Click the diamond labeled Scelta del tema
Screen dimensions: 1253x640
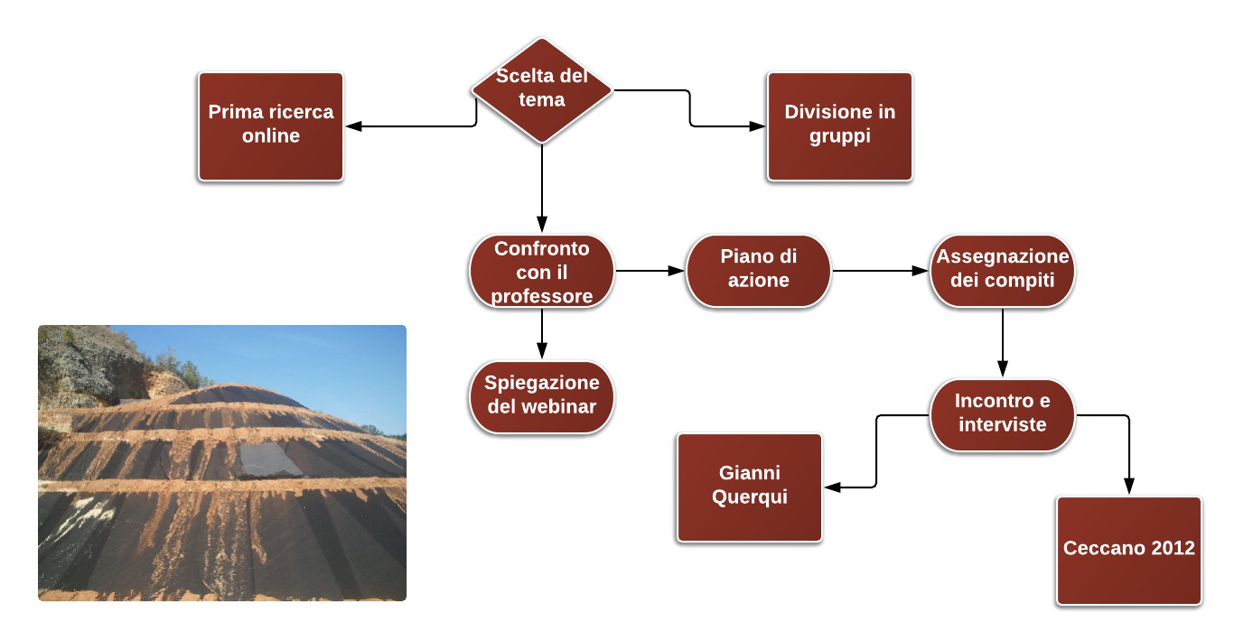[x=541, y=90]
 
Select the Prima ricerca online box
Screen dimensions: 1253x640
[x=271, y=126]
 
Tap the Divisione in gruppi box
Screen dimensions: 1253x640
[x=839, y=126]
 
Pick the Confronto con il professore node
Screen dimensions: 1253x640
[x=541, y=271]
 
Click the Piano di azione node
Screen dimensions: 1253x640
[x=758, y=271]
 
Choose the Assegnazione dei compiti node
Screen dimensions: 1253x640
[x=1003, y=271]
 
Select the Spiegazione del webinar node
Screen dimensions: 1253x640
[x=541, y=397]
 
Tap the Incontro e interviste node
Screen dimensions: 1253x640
[x=1003, y=415]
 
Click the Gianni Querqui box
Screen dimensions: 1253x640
[x=750, y=487]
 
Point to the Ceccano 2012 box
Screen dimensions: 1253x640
[x=1129, y=551]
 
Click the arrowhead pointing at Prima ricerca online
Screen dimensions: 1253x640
[x=354, y=126]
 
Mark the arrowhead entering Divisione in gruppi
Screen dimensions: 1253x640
[x=757, y=126]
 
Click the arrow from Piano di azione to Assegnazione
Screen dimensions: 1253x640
[x=880, y=271]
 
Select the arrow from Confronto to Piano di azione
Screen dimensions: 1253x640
[x=650, y=271]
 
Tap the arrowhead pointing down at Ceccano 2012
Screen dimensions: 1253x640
[x=1129, y=486]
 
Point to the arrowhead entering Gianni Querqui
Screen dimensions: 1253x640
[x=833, y=487]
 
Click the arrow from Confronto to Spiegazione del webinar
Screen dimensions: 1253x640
[x=541, y=334]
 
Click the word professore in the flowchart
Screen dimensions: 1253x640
[x=541, y=296]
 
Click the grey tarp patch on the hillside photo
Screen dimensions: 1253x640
[x=269, y=459]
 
